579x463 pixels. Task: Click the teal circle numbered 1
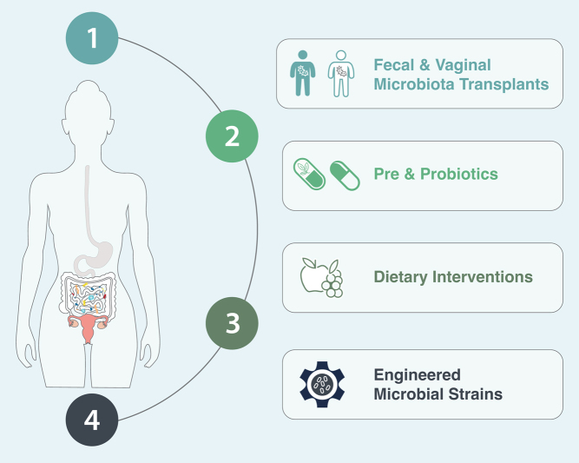93,37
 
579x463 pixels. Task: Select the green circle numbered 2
232,136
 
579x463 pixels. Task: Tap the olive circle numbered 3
232,324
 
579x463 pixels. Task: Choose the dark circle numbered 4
93,423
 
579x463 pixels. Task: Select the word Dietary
403,277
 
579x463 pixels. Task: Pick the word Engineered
417,375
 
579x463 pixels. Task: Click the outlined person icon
339,73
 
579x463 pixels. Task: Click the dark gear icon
320,384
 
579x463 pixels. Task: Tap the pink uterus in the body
88,327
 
